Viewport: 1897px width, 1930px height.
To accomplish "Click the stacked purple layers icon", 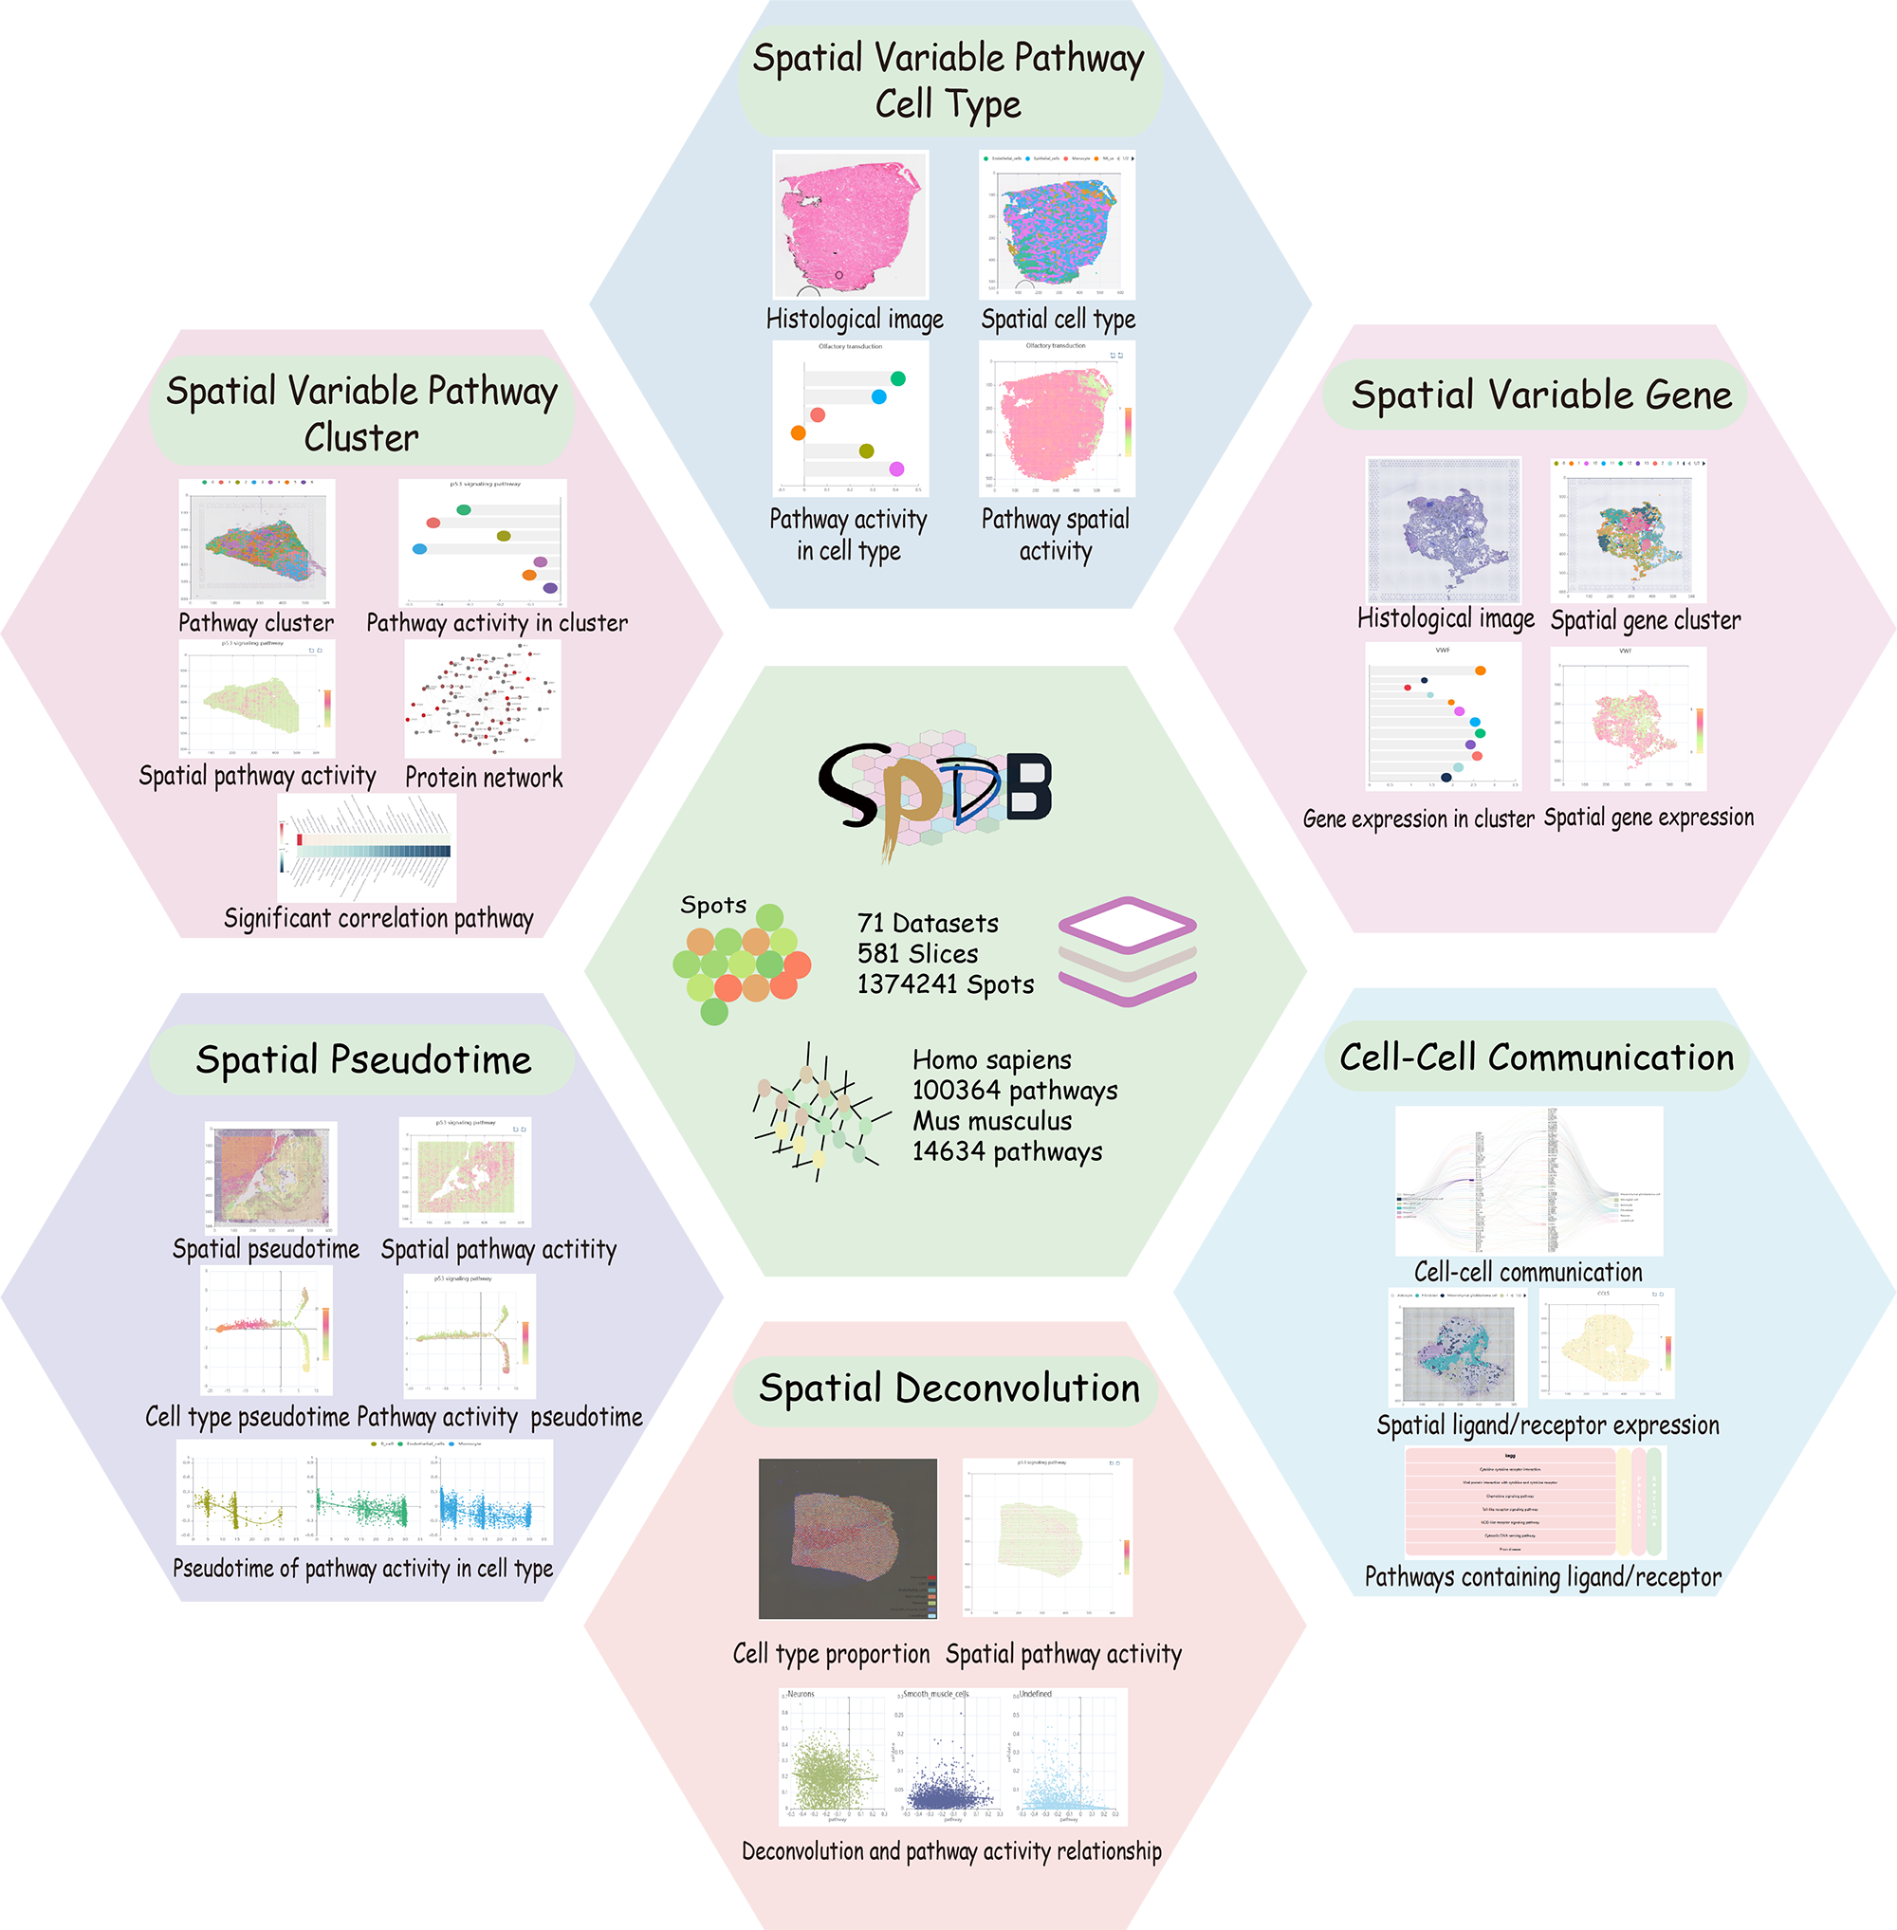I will click(x=1127, y=950).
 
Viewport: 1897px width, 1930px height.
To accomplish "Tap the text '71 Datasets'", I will click(x=928, y=923).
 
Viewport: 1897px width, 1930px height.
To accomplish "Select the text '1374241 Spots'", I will click(x=946, y=984).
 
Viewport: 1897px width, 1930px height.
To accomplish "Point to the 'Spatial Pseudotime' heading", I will click(x=363, y=1059).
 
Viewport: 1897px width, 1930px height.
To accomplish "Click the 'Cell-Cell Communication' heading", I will click(x=1537, y=1057).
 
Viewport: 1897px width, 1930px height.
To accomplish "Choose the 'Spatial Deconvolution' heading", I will click(x=948, y=1388).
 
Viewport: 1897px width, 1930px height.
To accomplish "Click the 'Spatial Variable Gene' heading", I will click(x=1541, y=395).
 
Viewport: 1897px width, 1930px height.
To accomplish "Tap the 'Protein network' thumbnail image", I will click(x=483, y=701).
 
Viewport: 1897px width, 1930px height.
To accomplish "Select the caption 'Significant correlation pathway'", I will click(x=378, y=918).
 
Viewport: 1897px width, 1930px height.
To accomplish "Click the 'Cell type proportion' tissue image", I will click(x=848, y=1538).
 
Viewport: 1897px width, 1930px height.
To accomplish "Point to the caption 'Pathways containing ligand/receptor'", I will click(x=1542, y=1577).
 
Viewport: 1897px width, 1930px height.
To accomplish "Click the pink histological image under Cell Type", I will click(x=851, y=225).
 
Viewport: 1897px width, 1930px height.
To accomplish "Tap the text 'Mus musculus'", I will click(x=992, y=1121).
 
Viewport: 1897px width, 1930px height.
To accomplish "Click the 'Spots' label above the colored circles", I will click(x=713, y=905).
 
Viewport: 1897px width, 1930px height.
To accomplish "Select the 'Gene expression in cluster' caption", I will click(x=1418, y=819).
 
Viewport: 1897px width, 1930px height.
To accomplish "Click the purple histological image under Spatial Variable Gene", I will click(x=1444, y=530).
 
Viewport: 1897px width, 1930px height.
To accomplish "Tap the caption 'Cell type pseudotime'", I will click(x=248, y=1417).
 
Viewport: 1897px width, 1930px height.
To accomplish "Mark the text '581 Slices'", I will click(x=917, y=953).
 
